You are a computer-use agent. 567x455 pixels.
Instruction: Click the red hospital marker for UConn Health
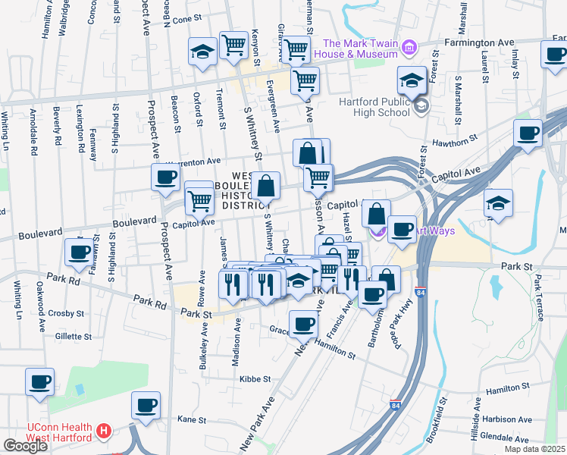tap(104, 433)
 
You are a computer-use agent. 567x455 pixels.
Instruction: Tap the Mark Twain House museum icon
tap(409, 49)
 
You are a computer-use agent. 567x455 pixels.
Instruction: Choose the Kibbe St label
tap(255, 378)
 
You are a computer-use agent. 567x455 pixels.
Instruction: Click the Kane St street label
tap(191, 419)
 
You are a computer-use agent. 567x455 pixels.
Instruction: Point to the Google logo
tap(25, 446)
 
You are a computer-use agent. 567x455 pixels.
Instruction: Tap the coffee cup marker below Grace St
tap(303, 323)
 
